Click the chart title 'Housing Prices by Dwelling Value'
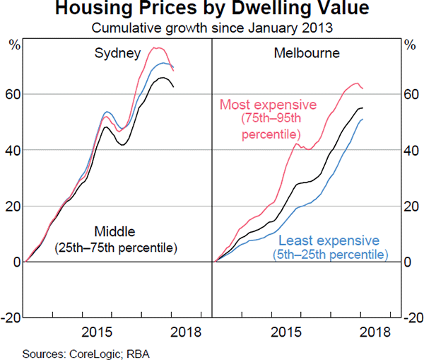pos(212,11)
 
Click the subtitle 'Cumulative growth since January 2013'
pos(212,28)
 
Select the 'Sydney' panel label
pos(117,53)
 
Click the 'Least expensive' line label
pos(330,240)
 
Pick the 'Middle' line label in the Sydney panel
pos(114,231)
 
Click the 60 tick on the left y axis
pos(11,95)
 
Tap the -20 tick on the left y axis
pos(10,318)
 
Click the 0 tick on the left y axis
pos(14,262)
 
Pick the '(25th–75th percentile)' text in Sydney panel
pos(114,247)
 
